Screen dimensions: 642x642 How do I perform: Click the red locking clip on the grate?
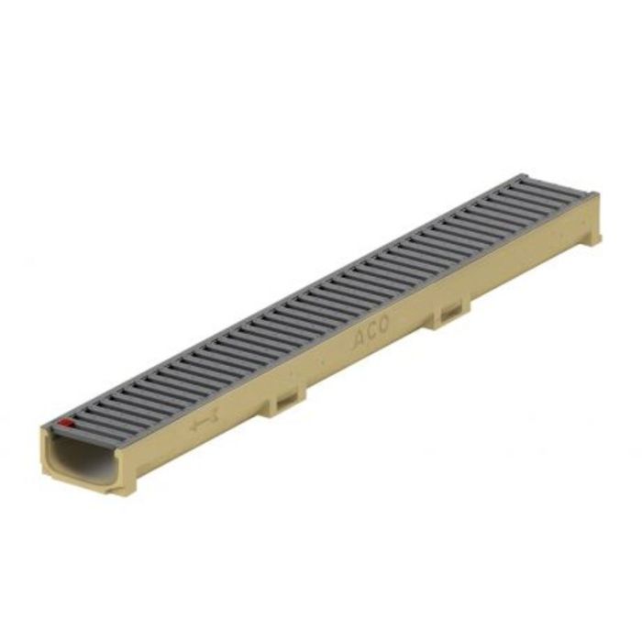pos(65,423)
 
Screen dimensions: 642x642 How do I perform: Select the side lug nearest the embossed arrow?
pos(285,399)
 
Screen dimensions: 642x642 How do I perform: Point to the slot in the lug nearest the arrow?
pos(287,396)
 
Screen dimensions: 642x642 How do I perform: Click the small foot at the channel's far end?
pos(594,238)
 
